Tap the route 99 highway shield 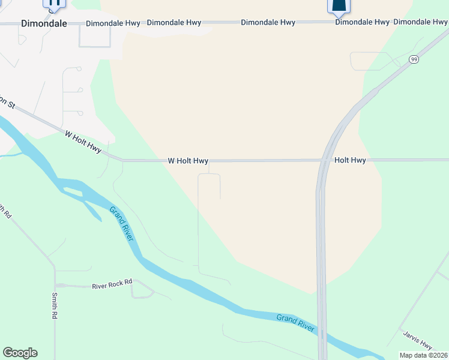point(414,59)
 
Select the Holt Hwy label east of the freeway point(350,160)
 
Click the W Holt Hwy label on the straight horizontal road point(188,161)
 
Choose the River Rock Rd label point(112,286)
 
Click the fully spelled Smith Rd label point(55,305)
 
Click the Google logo point(20,353)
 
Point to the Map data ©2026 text point(423,355)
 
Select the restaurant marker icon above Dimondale point(54,3)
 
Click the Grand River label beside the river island point(122,224)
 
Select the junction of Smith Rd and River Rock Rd point(55,286)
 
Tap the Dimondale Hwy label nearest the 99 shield point(420,22)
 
